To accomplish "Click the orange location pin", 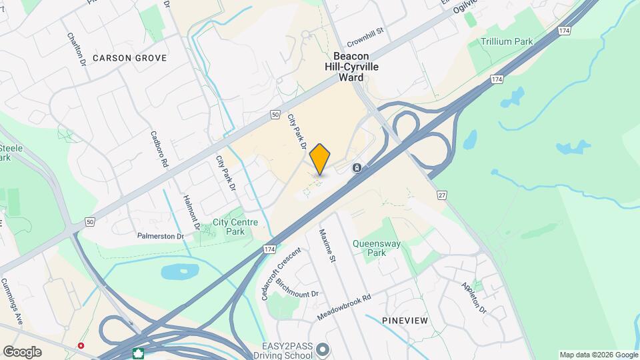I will coord(320,159).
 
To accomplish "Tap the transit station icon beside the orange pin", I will coord(357,167).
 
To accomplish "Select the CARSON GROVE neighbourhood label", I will coord(129,58).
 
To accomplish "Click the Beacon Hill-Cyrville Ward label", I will coord(351,67).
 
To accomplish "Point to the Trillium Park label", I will coord(507,41).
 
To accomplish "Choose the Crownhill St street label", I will coord(366,31).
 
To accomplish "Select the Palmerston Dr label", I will coord(160,236).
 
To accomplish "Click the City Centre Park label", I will coord(229,227).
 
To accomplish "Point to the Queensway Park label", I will coord(377,248).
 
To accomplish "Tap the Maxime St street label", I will coord(328,246).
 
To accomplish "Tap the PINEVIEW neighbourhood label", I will coord(405,321).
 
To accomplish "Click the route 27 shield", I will coord(441,195).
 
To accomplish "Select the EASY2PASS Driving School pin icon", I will coord(323,349).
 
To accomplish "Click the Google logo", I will coord(22,351).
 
